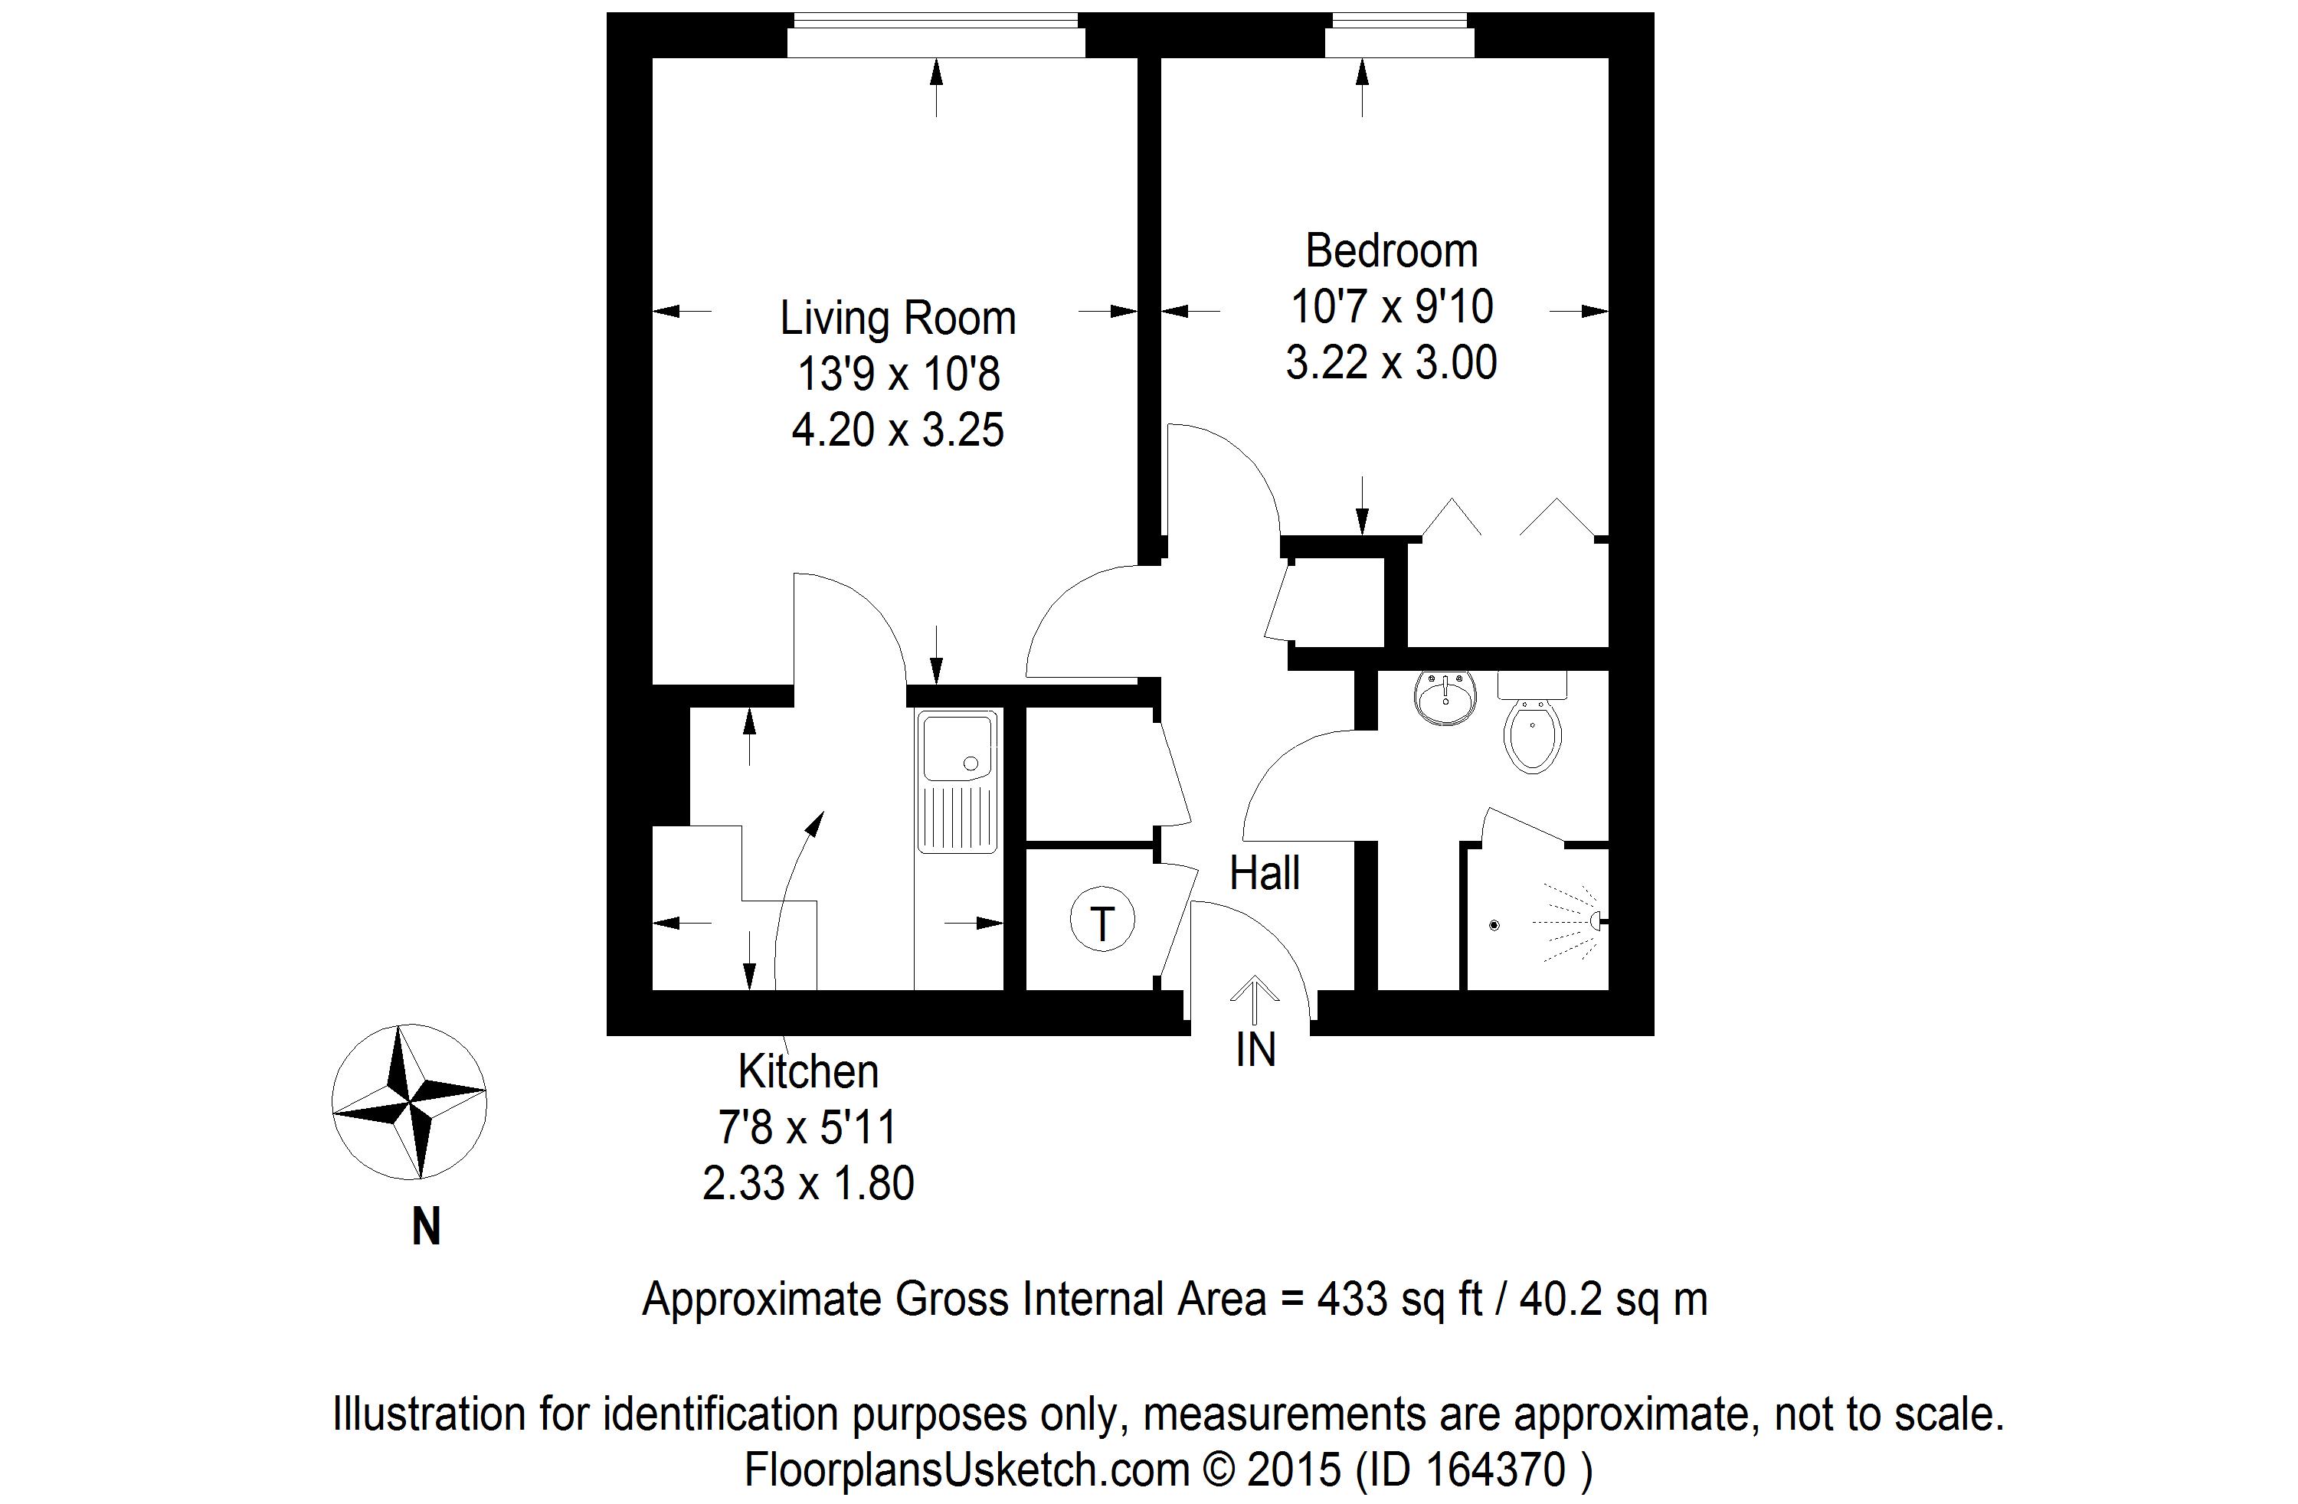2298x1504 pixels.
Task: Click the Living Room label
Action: (x=898, y=319)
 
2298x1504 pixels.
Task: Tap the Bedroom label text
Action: (x=1391, y=251)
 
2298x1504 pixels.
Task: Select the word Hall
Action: (x=1265, y=874)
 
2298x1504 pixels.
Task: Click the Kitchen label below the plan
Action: (x=808, y=1071)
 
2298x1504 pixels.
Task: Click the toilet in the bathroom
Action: (x=1532, y=724)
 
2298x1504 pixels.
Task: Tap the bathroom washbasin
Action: (x=1445, y=697)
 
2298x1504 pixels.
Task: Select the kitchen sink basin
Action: (x=957, y=746)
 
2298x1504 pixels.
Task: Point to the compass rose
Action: (x=408, y=1103)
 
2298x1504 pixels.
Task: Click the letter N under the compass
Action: (x=426, y=1228)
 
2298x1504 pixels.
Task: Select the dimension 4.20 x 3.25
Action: (x=898, y=430)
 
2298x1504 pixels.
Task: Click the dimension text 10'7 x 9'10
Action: (x=1391, y=307)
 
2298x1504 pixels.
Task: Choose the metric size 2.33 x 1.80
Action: (x=808, y=1183)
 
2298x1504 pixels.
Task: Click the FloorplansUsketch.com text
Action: (x=967, y=1470)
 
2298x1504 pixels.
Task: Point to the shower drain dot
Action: (x=1494, y=926)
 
